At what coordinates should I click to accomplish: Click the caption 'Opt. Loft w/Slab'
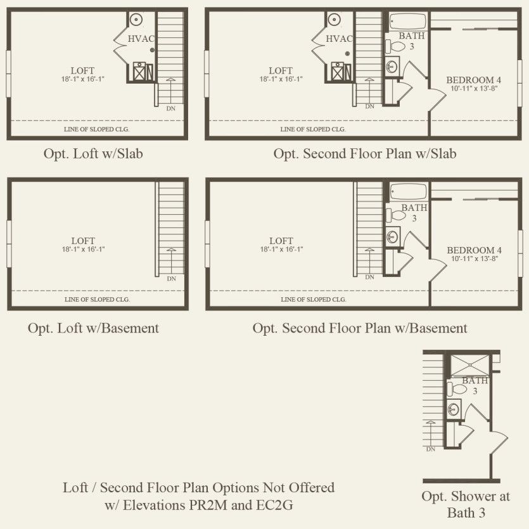(x=93, y=154)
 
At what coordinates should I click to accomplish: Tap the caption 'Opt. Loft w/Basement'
(x=93, y=328)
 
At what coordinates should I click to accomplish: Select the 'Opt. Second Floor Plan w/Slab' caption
(x=365, y=154)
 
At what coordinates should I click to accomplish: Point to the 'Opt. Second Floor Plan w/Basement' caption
(x=360, y=328)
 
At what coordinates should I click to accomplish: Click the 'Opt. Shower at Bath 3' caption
(x=466, y=504)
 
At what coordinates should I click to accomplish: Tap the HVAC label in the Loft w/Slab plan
(x=141, y=39)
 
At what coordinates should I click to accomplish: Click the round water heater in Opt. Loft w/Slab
(x=136, y=19)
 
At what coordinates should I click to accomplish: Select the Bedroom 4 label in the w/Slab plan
(x=474, y=84)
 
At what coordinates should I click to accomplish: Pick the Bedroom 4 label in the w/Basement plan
(x=474, y=254)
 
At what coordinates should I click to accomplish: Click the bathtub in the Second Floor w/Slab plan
(x=408, y=22)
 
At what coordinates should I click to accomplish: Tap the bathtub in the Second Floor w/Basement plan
(x=408, y=191)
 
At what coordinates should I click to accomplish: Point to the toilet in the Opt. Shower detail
(x=457, y=389)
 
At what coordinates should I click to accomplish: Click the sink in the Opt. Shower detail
(x=454, y=409)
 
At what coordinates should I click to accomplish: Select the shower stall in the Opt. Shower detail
(x=470, y=365)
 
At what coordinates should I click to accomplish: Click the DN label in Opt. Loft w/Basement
(x=172, y=279)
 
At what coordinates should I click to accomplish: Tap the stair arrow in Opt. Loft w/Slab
(x=171, y=91)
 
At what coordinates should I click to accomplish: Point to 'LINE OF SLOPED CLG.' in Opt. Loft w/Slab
(x=96, y=129)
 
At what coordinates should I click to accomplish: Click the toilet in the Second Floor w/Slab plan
(x=395, y=46)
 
